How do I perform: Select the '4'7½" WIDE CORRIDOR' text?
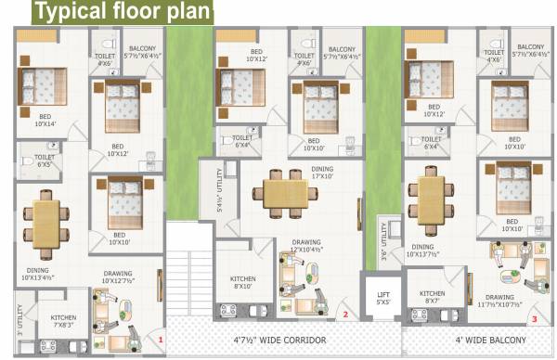tap(280, 341)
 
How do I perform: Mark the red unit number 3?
tap(534, 319)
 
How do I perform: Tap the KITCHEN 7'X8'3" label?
tap(64, 321)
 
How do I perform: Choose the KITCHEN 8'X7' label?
tap(433, 297)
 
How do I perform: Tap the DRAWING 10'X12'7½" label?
tap(123, 277)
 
